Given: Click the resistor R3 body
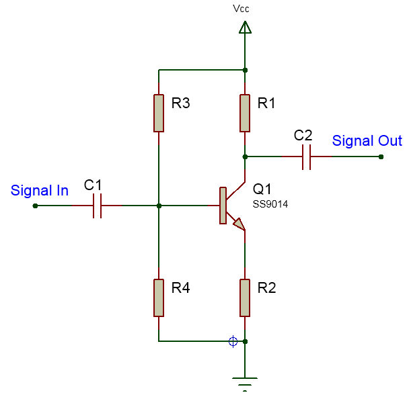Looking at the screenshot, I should tap(158, 113).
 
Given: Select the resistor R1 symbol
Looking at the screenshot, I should tap(245, 113).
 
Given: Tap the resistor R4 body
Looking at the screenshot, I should tap(158, 298).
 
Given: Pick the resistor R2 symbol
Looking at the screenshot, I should tap(245, 298).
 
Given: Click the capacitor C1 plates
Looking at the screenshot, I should tap(96, 206).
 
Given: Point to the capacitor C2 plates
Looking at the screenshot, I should tap(306, 157).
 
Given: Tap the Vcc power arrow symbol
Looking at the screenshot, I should tap(245, 28).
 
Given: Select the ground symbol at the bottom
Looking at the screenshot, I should tap(245, 384).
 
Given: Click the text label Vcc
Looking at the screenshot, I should tap(242, 9).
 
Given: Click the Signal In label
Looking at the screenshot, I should tap(40, 191).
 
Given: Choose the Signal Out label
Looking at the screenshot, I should tap(367, 141).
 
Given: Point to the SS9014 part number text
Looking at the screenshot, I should tap(270, 204).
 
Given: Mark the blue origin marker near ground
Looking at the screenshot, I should tap(233, 341).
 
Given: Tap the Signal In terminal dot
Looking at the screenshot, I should tap(35, 206).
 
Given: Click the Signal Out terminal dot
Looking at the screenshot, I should tap(381, 157).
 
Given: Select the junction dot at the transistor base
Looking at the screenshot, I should tap(158, 206).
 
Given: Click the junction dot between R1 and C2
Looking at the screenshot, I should tap(245, 157).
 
